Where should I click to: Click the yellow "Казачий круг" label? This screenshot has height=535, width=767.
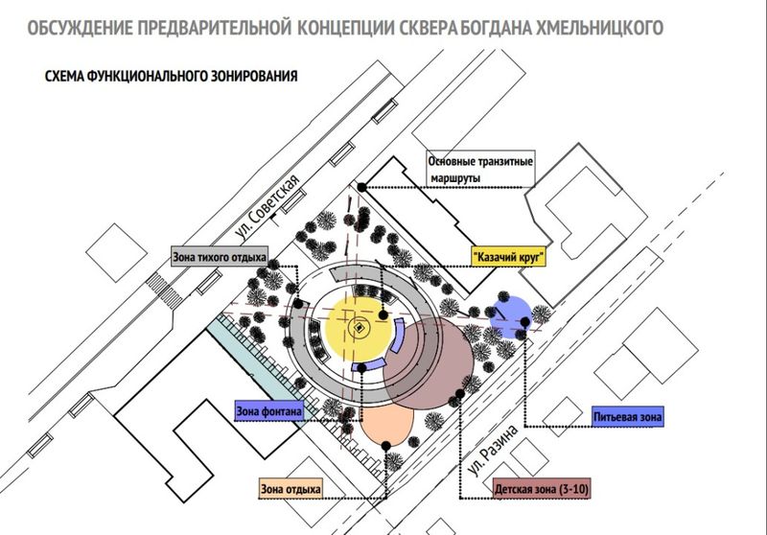(508, 256)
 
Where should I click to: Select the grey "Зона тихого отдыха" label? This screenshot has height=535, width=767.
(220, 257)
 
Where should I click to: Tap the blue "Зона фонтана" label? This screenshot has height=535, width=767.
(269, 411)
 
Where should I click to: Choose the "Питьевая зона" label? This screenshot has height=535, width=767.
(628, 417)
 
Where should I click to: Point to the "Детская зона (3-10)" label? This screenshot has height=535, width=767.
(542, 489)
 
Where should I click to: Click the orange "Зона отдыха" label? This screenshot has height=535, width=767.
(291, 489)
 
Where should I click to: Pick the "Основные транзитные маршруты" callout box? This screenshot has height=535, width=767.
(481, 169)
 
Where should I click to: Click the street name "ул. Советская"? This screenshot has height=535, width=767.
(267, 207)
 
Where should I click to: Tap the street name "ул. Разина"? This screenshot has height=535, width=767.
(492, 450)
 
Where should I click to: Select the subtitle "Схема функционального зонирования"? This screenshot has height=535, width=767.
(172, 76)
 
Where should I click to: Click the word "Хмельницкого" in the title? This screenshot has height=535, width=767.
(600, 28)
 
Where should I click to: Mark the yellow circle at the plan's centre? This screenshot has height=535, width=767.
(360, 328)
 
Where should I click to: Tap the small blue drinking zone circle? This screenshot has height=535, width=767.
(511, 316)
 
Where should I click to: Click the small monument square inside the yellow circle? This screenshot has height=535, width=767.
(359, 328)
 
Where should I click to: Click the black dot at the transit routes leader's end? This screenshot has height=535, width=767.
(361, 187)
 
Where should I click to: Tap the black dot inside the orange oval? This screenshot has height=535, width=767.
(386, 446)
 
